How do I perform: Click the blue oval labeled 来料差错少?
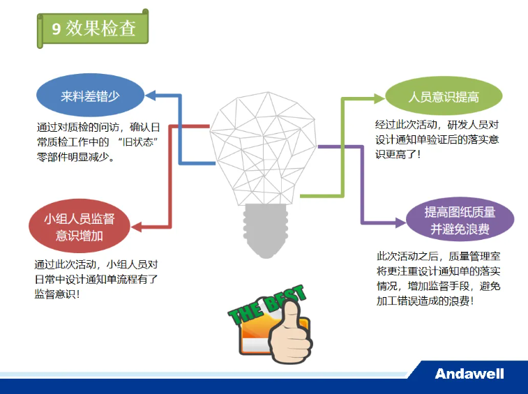tap(91, 97)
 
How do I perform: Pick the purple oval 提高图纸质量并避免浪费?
tap(460, 221)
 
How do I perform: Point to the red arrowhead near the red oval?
tap(137, 227)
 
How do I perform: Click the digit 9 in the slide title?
tap(56, 28)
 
